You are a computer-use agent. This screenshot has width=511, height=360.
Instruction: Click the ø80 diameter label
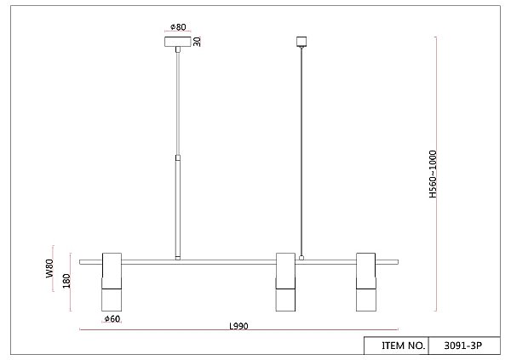(178, 26)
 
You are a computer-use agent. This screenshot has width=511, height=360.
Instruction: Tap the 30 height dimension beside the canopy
(197, 42)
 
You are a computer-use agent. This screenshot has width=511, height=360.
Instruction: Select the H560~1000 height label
(433, 174)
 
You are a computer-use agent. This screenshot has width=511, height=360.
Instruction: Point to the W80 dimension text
(49, 268)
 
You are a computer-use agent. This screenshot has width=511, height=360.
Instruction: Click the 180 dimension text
(66, 281)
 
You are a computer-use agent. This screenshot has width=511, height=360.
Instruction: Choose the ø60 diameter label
(112, 318)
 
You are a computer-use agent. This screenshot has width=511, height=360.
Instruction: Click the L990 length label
(238, 326)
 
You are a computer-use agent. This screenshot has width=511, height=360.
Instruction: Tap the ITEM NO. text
(404, 346)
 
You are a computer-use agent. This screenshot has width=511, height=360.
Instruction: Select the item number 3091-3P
(462, 346)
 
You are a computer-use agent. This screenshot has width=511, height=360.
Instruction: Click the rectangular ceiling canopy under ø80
(178, 42)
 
